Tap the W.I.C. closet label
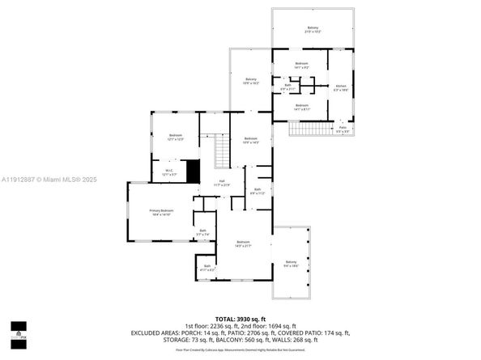[x=169, y=172]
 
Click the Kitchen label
[x=340, y=88]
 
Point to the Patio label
[x=343, y=129]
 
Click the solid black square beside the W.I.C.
[x=193, y=171]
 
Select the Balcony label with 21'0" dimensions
[x=313, y=30]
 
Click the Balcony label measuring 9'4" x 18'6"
[x=291, y=263]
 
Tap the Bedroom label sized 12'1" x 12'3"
[x=176, y=137]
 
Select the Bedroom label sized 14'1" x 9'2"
[x=301, y=65]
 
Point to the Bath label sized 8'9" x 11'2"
[x=256, y=193]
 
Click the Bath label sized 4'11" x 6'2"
[x=207, y=268]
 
